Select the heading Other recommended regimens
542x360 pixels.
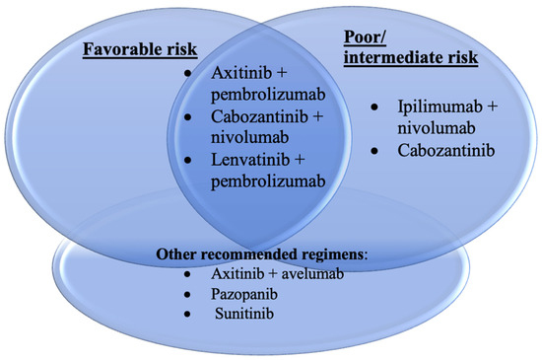tap(259, 255)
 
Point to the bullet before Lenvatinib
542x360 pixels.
tap(203, 161)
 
